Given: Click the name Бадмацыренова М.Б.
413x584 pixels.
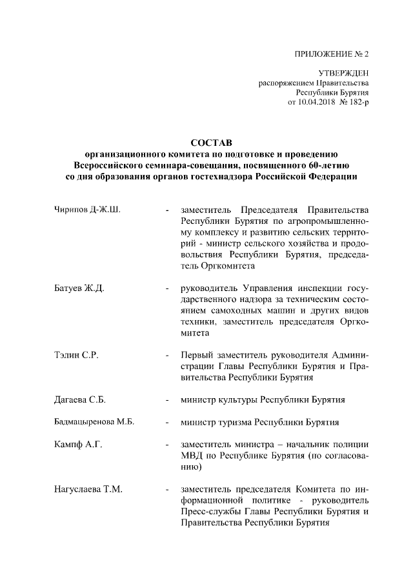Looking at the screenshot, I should pyautogui.click(x=94, y=423).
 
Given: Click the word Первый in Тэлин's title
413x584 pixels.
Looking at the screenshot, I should pyautogui.click(x=197, y=355).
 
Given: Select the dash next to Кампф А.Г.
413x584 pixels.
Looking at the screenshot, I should pyautogui.click(x=168, y=445).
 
